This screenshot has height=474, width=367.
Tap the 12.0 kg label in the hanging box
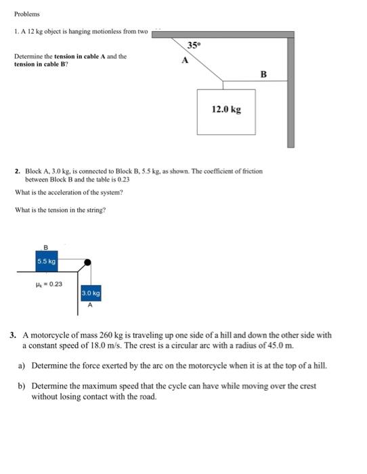pyautogui.click(x=226, y=108)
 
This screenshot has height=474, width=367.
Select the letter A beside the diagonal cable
pyautogui.click(x=183, y=60)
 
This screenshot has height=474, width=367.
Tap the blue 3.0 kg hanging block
pyautogui.click(x=91, y=294)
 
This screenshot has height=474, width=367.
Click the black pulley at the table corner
pyautogui.click(x=87, y=261)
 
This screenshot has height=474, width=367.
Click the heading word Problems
pyautogui.click(x=27, y=14)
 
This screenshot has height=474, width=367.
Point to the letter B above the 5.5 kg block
pyautogui.click(x=46, y=247)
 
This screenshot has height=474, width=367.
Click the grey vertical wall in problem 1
pyautogui.click(x=290, y=91)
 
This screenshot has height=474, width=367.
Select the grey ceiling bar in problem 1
pyautogui.click(x=223, y=34)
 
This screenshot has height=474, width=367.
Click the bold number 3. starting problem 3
pyautogui.click(x=14, y=335)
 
